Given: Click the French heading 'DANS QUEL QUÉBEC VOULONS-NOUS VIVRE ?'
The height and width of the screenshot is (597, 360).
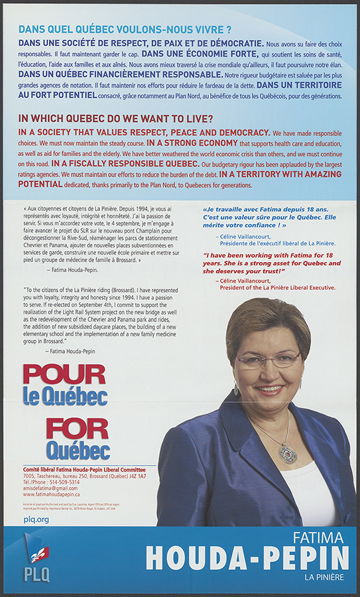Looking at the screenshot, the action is (x=125, y=30).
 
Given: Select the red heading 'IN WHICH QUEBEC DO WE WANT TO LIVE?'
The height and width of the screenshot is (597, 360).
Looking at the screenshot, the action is (x=117, y=119).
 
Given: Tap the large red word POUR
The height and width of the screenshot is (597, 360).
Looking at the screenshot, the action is (x=64, y=375).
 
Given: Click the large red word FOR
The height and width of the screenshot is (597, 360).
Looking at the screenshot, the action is (x=78, y=429).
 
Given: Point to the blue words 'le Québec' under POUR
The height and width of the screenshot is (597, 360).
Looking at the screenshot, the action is (x=65, y=396).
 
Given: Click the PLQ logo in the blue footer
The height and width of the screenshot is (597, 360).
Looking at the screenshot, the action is (x=37, y=559).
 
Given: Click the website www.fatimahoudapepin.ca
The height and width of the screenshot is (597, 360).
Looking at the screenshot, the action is (x=52, y=495).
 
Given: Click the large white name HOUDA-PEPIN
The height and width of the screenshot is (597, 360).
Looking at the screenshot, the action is (x=247, y=559).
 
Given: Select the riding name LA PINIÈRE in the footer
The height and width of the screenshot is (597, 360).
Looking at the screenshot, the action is (x=324, y=577).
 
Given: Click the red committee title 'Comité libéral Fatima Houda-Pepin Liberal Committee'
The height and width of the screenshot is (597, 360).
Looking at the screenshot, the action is (x=85, y=470).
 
